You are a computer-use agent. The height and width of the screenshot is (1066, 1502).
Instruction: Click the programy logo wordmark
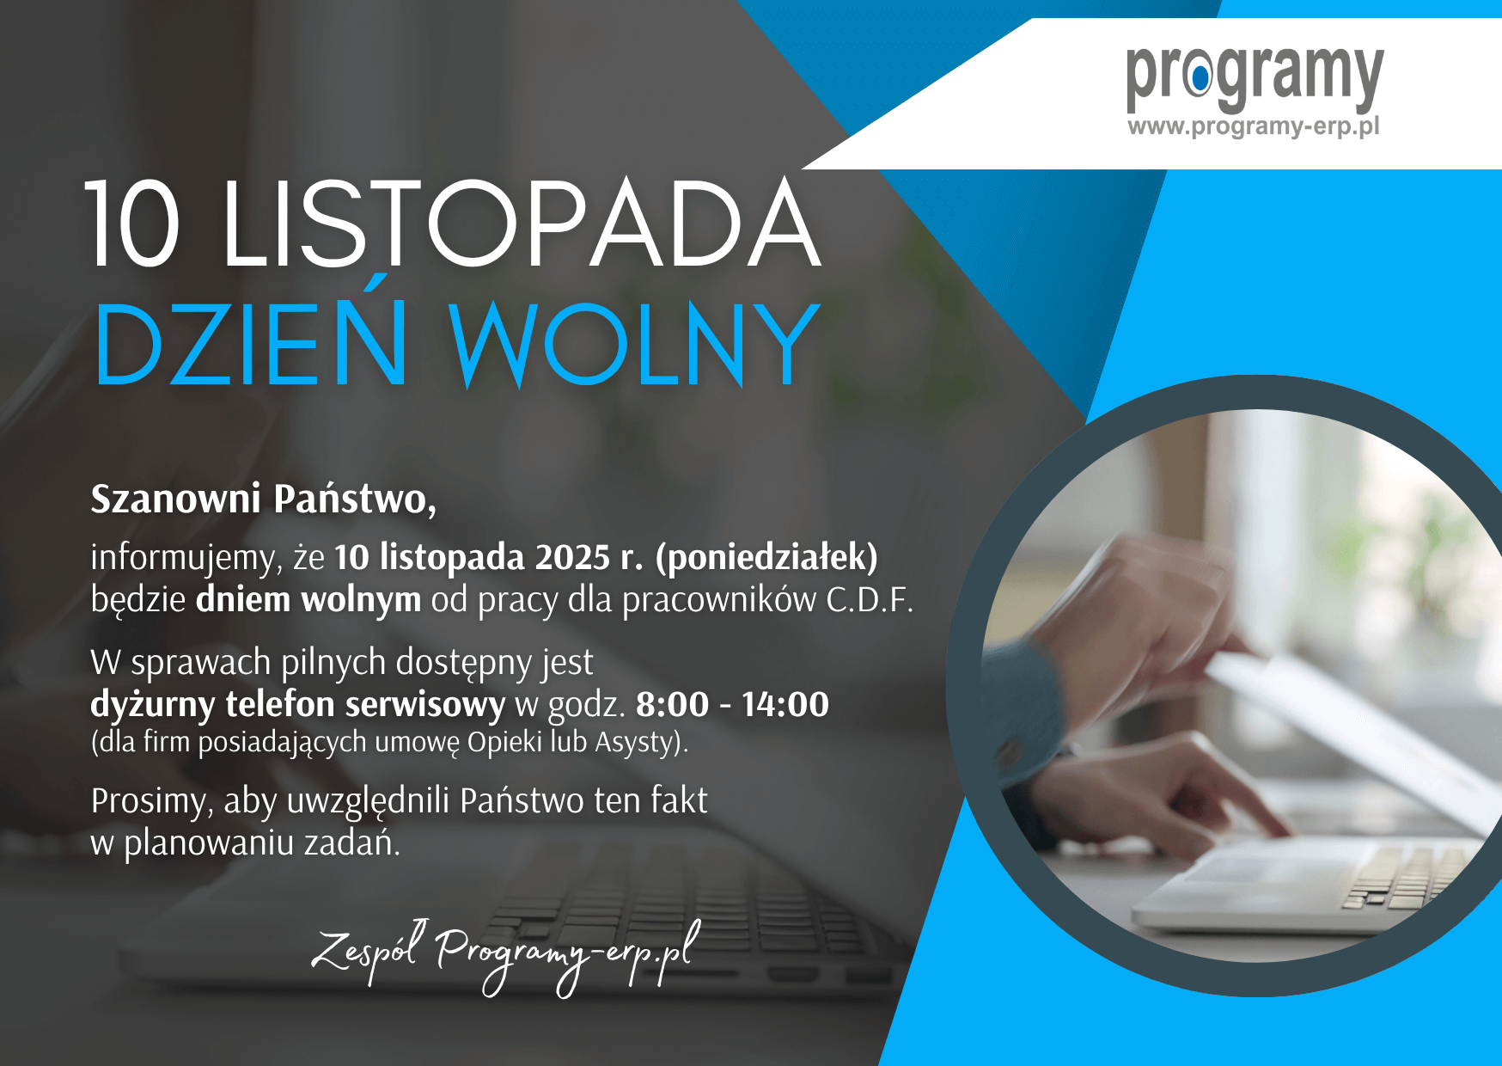tap(1255, 77)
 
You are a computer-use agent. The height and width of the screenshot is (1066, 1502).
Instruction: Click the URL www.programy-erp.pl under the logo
tap(1254, 126)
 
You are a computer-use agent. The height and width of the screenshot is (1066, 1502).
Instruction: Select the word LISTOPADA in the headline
tap(522, 223)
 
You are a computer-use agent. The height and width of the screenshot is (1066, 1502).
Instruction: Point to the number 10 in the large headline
tap(134, 223)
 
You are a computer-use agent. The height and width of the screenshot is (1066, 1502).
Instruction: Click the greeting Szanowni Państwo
tap(264, 499)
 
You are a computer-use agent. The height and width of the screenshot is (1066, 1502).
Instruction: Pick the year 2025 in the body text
tap(572, 558)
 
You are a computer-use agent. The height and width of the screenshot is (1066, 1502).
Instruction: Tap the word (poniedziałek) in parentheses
tap(766, 558)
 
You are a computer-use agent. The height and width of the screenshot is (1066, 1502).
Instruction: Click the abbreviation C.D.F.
tap(870, 600)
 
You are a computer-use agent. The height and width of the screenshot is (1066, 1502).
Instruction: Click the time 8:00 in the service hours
tap(672, 705)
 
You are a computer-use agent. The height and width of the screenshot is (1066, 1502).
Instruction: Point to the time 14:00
tap(785, 705)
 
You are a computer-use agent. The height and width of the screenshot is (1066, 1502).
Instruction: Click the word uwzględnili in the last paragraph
tap(369, 801)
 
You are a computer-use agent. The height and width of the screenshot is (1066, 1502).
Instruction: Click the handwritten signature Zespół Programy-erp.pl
tap(505, 957)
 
